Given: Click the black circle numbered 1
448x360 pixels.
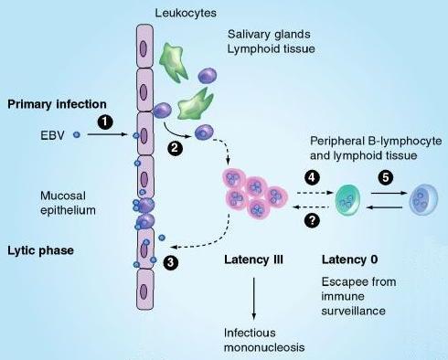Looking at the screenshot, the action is pyautogui.click(x=105, y=122).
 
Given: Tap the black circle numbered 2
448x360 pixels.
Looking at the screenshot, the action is pyautogui.click(x=175, y=148).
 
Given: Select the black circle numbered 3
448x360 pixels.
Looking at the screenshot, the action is pyautogui.click(x=171, y=262).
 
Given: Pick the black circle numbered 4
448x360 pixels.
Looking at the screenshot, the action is pyautogui.click(x=312, y=177).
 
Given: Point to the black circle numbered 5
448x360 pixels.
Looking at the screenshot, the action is pyautogui.click(x=386, y=177).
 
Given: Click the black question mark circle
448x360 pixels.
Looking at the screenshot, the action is pyautogui.click(x=312, y=220).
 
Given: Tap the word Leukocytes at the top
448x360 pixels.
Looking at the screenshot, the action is pyautogui.click(x=186, y=13).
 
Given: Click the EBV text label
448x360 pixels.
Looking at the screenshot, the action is pyautogui.click(x=52, y=135).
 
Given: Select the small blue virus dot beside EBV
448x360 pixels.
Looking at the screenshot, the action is pyautogui.click(x=77, y=134).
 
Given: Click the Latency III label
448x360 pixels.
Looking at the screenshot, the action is pyautogui.click(x=253, y=259).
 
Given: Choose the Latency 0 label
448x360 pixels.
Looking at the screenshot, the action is pyautogui.click(x=350, y=259).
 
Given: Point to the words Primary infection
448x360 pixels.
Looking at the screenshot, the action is pyautogui.click(x=57, y=104).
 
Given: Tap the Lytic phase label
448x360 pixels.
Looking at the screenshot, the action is pyautogui.click(x=40, y=250).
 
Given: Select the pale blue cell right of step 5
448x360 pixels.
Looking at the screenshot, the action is pyautogui.click(x=424, y=200).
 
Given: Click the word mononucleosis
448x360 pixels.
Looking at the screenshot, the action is pyautogui.click(x=264, y=347).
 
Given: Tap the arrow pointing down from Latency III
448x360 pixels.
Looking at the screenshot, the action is pyautogui.click(x=254, y=299).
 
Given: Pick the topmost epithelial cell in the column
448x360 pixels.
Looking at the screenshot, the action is pyautogui.click(x=144, y=46).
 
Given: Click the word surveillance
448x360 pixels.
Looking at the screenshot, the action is pyautogui.click(x=354, y=311).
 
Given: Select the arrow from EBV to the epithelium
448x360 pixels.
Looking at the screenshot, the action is pyautogui.click(x=107, y=134).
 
